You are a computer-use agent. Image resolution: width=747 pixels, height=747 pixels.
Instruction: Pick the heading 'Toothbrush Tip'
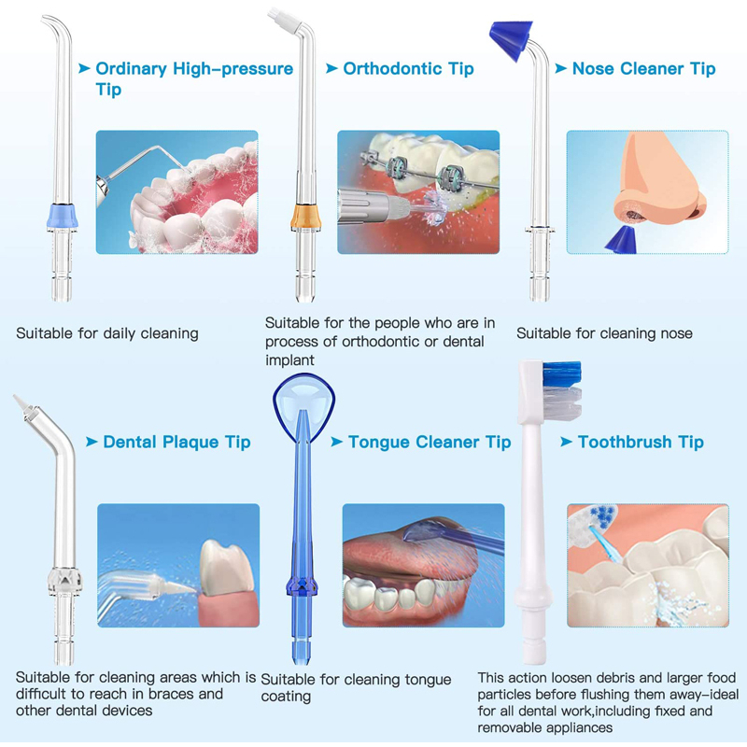641,442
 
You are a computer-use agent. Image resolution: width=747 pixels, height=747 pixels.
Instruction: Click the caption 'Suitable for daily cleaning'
107,332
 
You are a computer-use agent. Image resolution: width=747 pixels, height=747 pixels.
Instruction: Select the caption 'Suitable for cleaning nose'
604,332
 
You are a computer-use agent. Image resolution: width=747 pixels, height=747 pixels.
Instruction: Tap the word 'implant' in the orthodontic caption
289,359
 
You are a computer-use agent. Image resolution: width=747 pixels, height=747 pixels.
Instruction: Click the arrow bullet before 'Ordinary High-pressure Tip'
85,68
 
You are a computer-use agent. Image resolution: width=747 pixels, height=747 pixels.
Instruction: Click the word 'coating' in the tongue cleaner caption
286,697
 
